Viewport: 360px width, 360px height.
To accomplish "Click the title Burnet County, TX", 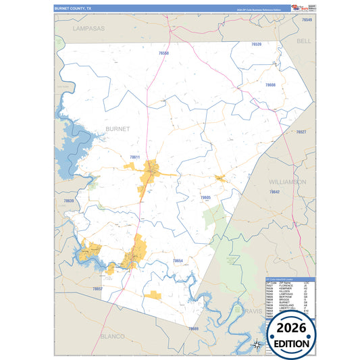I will point(74,8).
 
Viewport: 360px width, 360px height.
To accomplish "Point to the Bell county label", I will point(304,41).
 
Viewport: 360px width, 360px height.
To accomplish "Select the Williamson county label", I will point(288,182).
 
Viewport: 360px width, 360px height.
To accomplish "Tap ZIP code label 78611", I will point(134,157).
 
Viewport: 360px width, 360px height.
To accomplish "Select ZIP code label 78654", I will point(177,260).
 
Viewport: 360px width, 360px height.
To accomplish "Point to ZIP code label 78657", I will point(97,288).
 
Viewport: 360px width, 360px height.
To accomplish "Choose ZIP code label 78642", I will point(275,192).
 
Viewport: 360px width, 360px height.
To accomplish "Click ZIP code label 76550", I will point(164,53).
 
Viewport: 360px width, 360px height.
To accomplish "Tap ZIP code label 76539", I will point(256,44).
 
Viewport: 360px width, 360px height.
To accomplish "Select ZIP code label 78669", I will point(193,328).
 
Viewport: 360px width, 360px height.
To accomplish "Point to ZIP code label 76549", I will point(307,20).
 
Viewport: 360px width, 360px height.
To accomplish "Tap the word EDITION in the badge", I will point(292,343).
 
